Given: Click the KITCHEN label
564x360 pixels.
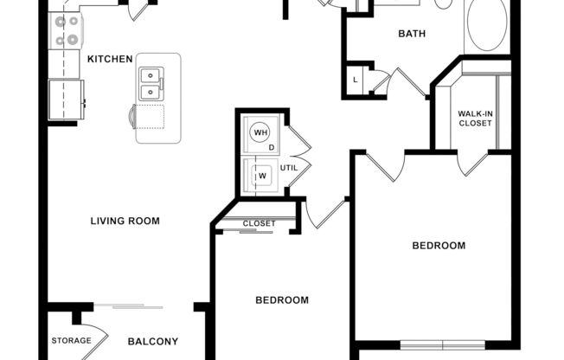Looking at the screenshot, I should tap(110, 59).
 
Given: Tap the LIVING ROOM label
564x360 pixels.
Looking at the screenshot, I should tap(125, 221).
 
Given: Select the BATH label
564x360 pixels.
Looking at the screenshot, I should tap(412, 35).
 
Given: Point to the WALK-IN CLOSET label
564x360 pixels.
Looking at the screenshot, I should tap(475, 119).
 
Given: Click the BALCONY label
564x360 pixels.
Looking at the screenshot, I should tap(153, 341).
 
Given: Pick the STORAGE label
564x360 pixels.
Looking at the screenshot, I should tap(71, 340).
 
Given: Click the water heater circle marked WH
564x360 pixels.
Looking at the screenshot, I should tap(260, 133).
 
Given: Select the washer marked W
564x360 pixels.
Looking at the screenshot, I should tap(260, 177).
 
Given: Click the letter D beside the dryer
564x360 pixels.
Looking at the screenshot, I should tap(272, 148).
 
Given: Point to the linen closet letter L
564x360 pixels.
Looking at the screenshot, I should tap(356, 80).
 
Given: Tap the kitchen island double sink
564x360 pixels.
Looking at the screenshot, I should tap(151, 83).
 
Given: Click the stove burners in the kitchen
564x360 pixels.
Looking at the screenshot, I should tap(66, 29).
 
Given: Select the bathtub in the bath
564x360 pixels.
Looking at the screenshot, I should tap(488, 26).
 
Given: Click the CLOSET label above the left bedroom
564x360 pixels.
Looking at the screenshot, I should tap(259, 223).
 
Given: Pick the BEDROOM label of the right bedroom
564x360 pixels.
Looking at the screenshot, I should tap(439, 246).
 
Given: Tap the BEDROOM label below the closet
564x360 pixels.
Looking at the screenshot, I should tap(282, 300).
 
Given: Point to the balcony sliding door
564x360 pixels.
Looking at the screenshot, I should tap(130, 305).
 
